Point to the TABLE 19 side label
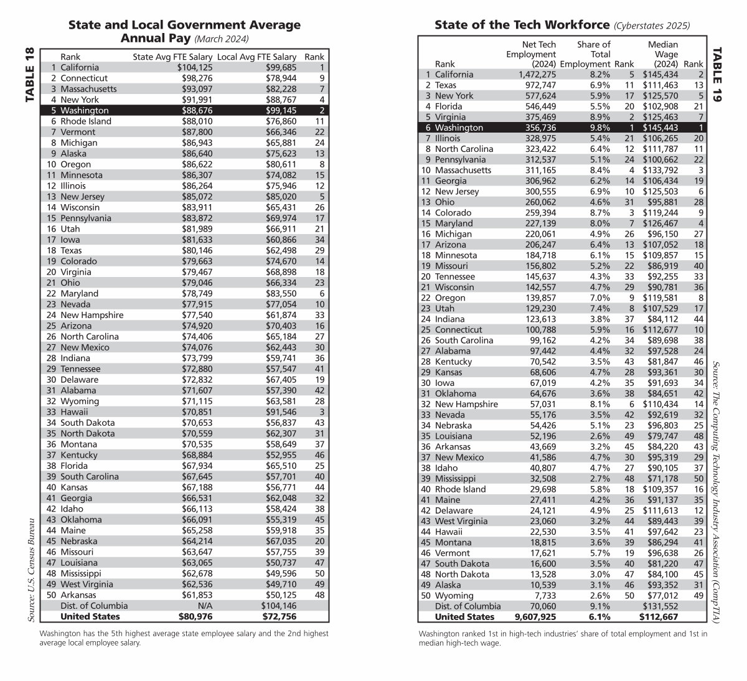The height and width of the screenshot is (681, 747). click(x=716, y=75)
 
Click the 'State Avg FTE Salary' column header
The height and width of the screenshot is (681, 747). click(x=172, y=57)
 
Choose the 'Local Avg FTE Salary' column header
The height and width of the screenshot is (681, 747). click(x=257, y=57)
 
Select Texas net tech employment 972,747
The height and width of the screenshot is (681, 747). click(x=538, y=85)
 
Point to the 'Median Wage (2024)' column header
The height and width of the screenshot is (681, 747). click(x=662, y=54)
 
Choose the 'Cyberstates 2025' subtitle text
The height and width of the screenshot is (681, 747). click(x=651, y=26)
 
